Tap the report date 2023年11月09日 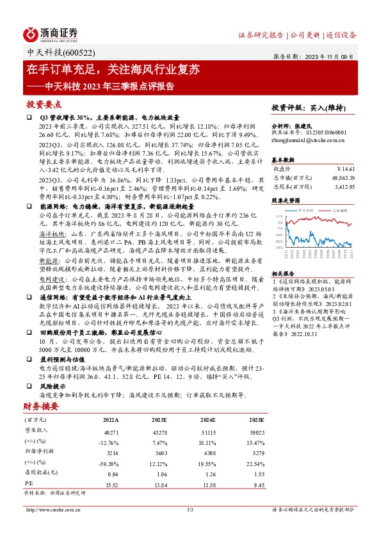(335, 56)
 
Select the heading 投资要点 (44, 104)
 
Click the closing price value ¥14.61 (345, 168)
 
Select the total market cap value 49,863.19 (341, 177)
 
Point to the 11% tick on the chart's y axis (279, 217)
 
